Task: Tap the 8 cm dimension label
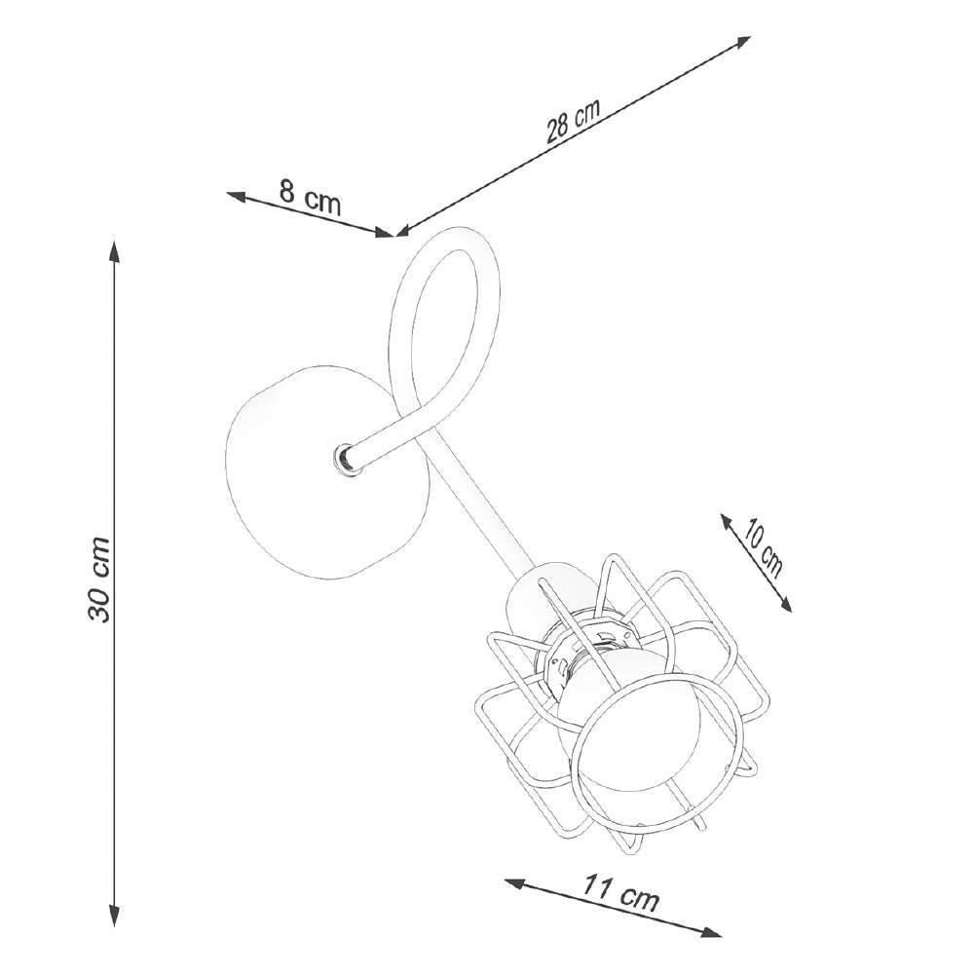click(311, 196)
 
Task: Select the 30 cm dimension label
click(99, 578)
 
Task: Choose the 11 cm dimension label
click(619, 893)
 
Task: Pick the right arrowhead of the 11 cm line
click(711, 949)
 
